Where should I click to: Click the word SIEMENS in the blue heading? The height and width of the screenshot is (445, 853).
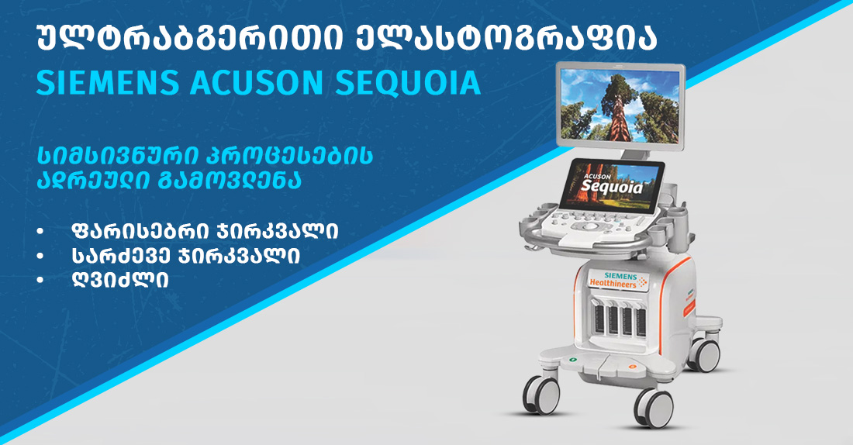[x=108, y=82]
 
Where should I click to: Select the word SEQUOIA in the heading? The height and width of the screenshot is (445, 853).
[x=408, y=83]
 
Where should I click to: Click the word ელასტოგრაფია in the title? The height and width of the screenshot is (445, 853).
[x=506, y=39]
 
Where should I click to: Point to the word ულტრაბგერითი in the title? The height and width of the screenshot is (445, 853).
[x=189, y=39]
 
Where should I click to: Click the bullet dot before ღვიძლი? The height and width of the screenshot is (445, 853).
[x=40, y=280]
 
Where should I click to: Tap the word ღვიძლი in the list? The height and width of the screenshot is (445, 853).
[x=119, y=280]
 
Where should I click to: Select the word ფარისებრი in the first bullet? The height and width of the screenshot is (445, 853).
[x=136, y=231]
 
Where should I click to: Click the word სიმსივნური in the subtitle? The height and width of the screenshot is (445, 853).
[x=116, y=156]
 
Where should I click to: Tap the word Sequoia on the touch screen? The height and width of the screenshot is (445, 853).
[x=612, y=186]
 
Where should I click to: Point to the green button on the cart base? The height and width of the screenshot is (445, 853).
[x=572, y=360]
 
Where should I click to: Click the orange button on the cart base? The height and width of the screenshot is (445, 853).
[x=632, y=367]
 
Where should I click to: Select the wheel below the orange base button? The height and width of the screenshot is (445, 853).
[x=654, y=407]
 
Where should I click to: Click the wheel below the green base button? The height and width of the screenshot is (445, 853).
[x=541, y=395]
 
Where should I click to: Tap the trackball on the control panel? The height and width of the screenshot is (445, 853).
[x=590, y=226]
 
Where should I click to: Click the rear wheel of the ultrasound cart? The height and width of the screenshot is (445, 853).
[x=704, y=355]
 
